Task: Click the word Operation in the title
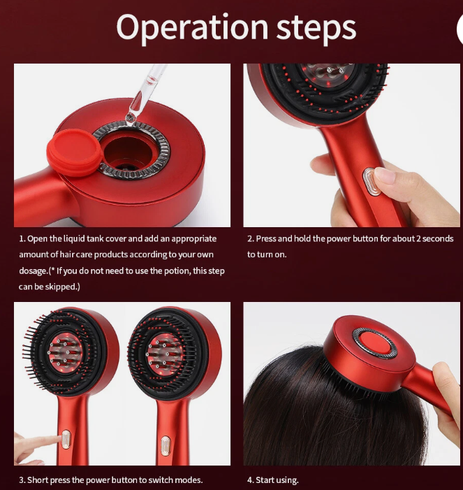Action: (x=192, y=28)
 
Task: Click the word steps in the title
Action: (x=316, y=29)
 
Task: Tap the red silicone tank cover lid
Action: (x=75, y=152)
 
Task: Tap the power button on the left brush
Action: (x=66, y=440)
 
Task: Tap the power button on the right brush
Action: (x=166, y=446)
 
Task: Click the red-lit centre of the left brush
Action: (x=65, y=352)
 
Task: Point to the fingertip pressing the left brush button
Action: (x=57, y=439)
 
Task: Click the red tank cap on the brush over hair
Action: (x=374, y=343)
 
